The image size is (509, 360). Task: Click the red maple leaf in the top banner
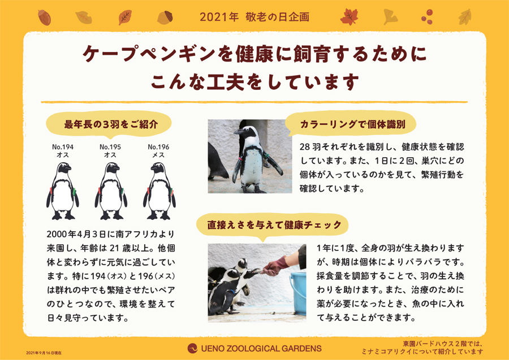point(349,17)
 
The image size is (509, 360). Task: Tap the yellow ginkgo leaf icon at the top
point(390,17)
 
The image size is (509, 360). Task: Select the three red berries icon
point(427,17)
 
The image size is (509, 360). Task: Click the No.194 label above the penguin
point(63,147)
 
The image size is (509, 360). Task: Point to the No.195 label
point(110,147)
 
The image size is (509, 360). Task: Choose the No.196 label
point(158,147)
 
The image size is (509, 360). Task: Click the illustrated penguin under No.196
point(159,191)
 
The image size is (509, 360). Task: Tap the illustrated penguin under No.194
point(63,191)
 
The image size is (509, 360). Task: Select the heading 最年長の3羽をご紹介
point(111,124)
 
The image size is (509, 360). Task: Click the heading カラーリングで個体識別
point(352,124)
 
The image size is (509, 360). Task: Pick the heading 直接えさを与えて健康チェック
point(274,225)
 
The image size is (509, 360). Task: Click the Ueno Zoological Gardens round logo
point(192,348)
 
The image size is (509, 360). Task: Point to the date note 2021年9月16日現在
point(44,353)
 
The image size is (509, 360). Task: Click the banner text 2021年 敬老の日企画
point(255,17)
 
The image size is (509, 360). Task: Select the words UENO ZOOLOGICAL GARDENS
point(261,349)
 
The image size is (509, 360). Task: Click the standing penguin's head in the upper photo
point(246,132)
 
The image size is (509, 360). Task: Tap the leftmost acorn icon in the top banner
point(44,17)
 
